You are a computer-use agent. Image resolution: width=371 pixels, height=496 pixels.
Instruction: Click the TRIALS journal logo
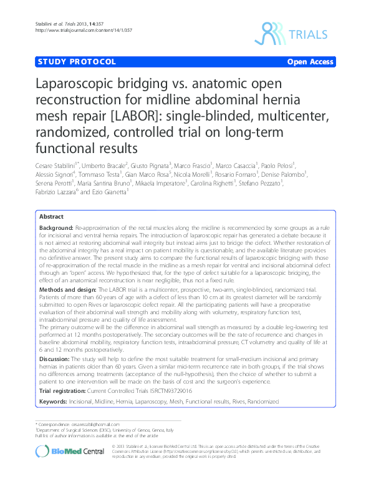click(x=297, y=32)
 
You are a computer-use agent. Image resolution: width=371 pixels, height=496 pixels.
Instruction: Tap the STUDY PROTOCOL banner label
click(x=77, y=62)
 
